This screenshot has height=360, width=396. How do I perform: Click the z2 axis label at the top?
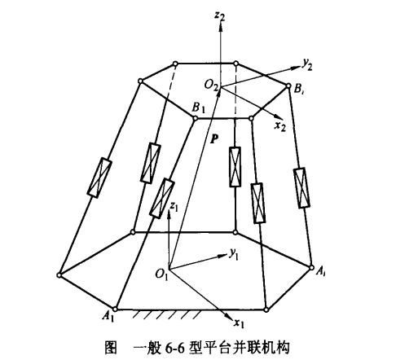click(x=219, y=16)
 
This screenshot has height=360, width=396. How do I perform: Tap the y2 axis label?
click(x=307, y=64)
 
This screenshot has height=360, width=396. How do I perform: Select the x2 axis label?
click(x=280, y=125)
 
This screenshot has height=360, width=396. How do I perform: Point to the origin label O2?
click(x=212, y=86)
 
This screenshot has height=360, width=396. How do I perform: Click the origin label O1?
click(x=162, y=274)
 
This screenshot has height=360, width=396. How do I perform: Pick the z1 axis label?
click(x=174, y=207)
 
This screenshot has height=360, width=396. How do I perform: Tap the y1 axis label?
click(x=233, y=254)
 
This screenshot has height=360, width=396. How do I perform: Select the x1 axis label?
click(x=239, y=323)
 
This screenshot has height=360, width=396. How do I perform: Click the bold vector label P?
click(x=214, y=138)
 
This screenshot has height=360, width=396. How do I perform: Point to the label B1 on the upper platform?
click(x=199, y=108)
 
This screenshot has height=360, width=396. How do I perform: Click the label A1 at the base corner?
click(x=108, y=316)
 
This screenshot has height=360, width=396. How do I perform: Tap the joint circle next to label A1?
click(x=115, y=309)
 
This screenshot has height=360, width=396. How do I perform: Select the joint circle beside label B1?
click(x=195, y=118)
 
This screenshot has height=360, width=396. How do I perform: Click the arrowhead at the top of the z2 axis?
click(x=221, y=27)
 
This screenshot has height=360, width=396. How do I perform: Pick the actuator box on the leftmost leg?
click(x=99, y=177)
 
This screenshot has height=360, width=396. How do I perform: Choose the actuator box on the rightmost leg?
click(x=301, y=188)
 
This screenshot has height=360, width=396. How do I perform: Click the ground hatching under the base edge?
click(x=166, y=315)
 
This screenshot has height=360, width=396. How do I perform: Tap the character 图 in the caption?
click(x=111, y=347)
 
